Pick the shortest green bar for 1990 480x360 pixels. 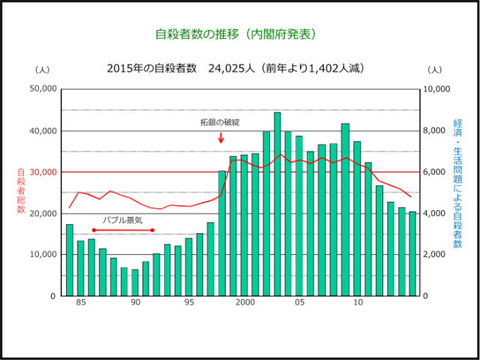[135, 283]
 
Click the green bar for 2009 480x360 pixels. [345, 210]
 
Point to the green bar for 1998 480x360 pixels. [222, 233]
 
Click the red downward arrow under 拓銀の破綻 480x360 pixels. [221, 137]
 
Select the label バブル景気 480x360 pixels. [122, 220]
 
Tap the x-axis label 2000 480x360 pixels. [244, 303]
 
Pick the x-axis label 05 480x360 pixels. [299, 303]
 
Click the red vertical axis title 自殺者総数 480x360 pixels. [21, 190]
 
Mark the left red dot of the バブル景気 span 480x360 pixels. [93, 230]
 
